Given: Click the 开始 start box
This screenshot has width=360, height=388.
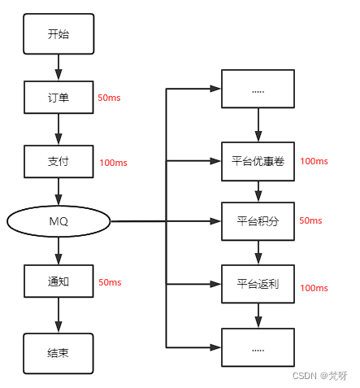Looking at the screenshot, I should [59, 34].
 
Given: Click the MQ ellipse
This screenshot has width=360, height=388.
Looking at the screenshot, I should [59, 221].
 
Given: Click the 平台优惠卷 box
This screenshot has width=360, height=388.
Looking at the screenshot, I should [258, 160].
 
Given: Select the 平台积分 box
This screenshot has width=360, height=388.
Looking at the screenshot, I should [258, 221].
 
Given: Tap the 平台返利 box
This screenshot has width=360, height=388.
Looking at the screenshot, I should [258, 283].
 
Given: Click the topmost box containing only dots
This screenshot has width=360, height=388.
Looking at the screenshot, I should [258, 91].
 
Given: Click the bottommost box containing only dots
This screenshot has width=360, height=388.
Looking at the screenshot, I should [258, 347].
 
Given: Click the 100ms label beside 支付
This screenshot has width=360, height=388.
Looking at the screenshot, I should [113, 163].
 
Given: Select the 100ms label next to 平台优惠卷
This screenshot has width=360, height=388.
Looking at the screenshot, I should [314, 161].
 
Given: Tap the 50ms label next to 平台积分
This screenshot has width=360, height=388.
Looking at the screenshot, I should [310, 220].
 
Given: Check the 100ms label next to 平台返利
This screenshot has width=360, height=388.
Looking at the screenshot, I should [314, 288].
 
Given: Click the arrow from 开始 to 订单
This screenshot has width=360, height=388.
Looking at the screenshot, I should [59, 66].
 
